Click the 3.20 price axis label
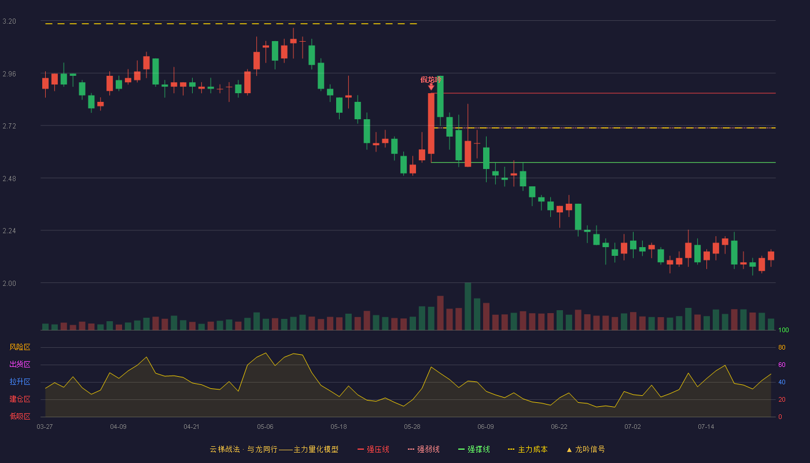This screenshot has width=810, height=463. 9,21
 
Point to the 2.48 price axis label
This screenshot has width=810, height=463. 9,179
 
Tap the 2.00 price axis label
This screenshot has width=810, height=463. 9,284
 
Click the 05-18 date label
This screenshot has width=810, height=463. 338,427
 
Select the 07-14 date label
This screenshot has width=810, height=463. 706,427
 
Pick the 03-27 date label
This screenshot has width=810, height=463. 45,427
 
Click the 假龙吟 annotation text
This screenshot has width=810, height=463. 430,80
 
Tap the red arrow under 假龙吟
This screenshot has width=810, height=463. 431,87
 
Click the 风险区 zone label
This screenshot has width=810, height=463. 20,347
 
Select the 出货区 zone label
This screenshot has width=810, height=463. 20,364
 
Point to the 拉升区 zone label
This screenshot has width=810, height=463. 20,381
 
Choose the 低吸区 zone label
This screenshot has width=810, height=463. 20,416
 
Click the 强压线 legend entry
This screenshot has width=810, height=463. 373,449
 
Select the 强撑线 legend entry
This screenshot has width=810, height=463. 474,449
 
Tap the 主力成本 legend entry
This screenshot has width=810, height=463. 528,449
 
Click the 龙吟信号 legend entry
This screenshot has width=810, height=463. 586,449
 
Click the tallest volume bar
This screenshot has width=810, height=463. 467,306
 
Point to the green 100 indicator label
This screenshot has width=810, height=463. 783,330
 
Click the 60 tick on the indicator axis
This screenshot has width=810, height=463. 782,365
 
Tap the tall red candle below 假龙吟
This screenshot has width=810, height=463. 431,123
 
